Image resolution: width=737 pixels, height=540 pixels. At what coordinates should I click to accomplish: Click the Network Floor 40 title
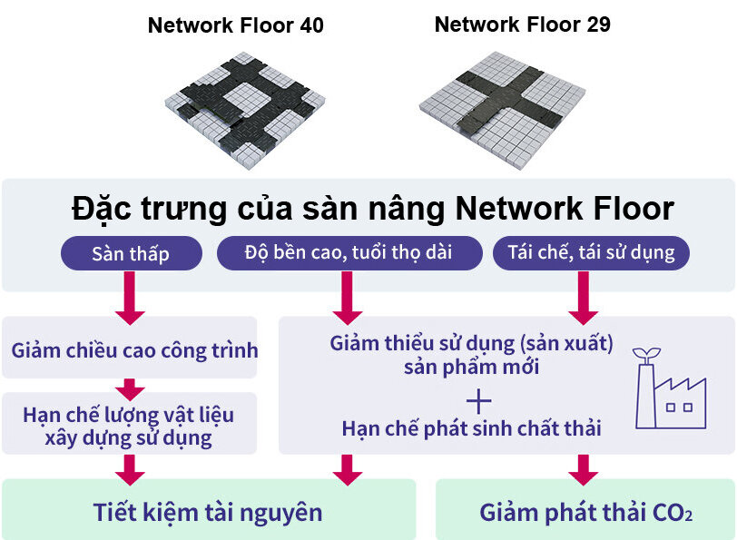[235, 26]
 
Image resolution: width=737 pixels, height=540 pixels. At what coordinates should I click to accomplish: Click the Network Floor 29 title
[522, 25]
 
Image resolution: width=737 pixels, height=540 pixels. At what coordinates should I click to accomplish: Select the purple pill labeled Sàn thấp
[130, 253]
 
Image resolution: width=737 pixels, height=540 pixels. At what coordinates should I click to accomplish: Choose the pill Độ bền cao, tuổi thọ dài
[348, 253]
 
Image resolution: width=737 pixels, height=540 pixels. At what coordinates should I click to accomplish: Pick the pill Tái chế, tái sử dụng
[591, 253]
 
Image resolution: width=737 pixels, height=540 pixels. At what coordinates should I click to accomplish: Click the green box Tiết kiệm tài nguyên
[208, 512]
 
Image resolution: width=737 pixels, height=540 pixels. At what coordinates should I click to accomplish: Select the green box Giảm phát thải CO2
[585, 512]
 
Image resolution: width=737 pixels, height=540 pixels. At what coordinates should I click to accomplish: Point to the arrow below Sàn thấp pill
[130, 301]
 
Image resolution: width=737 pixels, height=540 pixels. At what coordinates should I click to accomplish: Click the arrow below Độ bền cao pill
[348, 299]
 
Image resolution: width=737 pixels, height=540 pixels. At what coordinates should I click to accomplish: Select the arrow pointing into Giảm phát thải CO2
[583, 468]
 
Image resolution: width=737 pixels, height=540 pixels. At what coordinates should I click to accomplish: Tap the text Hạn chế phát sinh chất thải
[471, 428]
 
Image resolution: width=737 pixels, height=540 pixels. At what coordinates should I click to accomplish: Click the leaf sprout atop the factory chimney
[646, 353]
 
